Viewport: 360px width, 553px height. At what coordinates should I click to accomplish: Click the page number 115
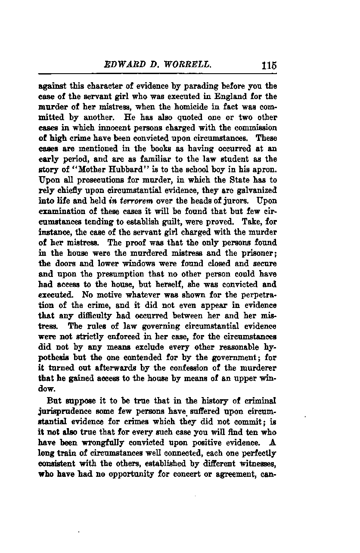(x=269, y=66)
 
